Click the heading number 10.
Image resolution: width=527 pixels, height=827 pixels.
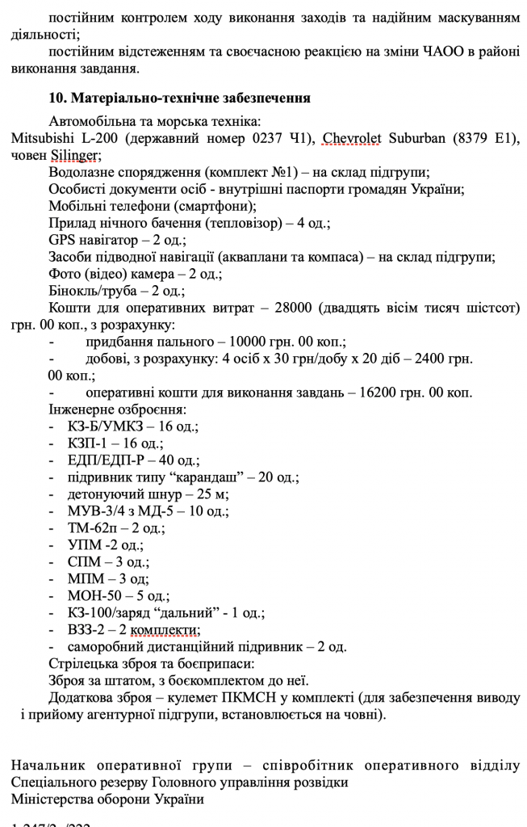point(57,99)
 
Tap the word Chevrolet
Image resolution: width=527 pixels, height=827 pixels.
point(352,139)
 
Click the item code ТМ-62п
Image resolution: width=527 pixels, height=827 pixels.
point(91,528)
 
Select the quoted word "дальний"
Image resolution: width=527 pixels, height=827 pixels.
point(186,613)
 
